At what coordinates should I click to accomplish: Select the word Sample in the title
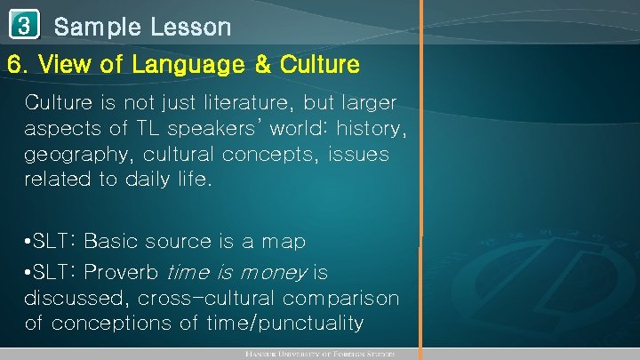[x=92, y=28]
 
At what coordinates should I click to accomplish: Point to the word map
[x=282, y=242]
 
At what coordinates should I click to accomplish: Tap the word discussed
[x=76, y=298]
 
